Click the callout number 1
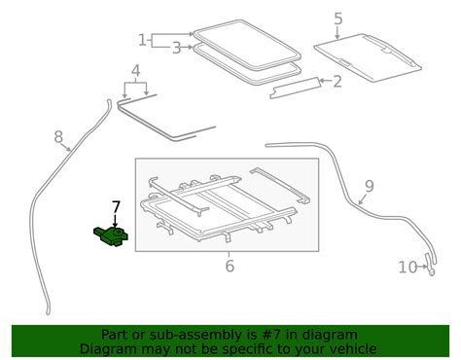click(x=143, y=40)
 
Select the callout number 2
click(x=337, y=82)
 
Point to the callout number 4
click(x=135, y=69)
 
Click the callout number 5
click(x=337, y=18)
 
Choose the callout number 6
click(x=230, y=266)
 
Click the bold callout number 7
click(x=116, y=206)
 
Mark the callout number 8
click(x=58, y=137)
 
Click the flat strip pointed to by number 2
click(x=298, y=90)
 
